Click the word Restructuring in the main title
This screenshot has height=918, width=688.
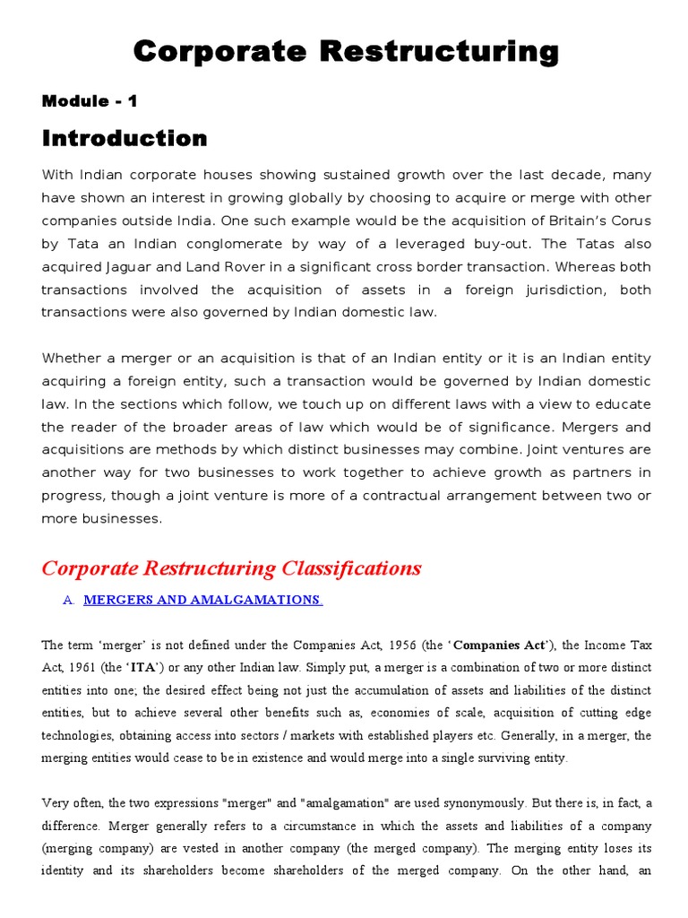pos(438,52)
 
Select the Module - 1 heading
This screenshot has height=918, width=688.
pos(90,101)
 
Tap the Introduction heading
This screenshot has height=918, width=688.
pos(125,139)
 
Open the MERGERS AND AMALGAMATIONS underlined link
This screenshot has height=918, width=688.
pos(202,600)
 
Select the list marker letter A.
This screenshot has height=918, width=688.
pos(68,600)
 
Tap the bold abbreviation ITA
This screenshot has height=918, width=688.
pos(148,667)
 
